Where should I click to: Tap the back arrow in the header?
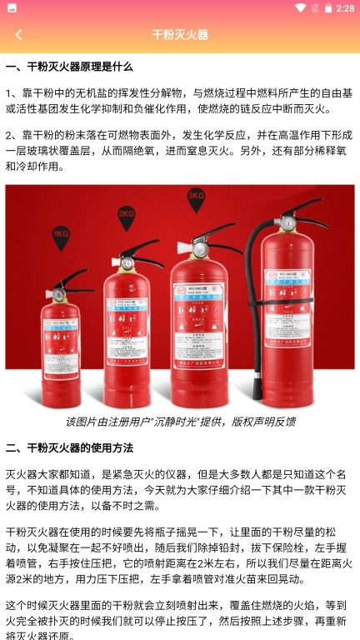(18, 34)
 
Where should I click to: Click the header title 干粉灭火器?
(180, 34)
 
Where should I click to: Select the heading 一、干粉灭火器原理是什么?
(69, 67)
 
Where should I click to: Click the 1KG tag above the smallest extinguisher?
(61, 236)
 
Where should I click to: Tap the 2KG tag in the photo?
(127, 214)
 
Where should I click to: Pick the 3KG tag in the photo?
(196, 197)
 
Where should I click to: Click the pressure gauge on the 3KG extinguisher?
(200, 251)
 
